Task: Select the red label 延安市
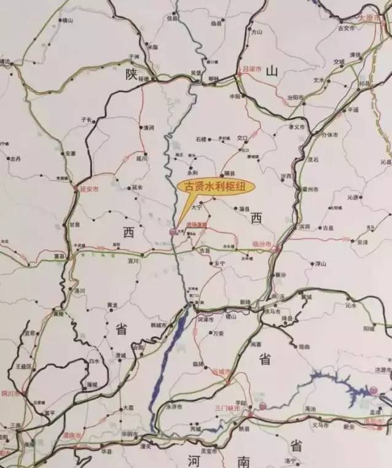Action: point(87,189)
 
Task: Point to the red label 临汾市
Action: point(262,243)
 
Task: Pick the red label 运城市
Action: point(219,372)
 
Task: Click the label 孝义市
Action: point(296,127)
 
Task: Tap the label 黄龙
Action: point(112,305)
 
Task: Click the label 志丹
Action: point(16,158)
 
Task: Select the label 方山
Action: point(257,32)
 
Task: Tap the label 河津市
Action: point(205,320)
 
